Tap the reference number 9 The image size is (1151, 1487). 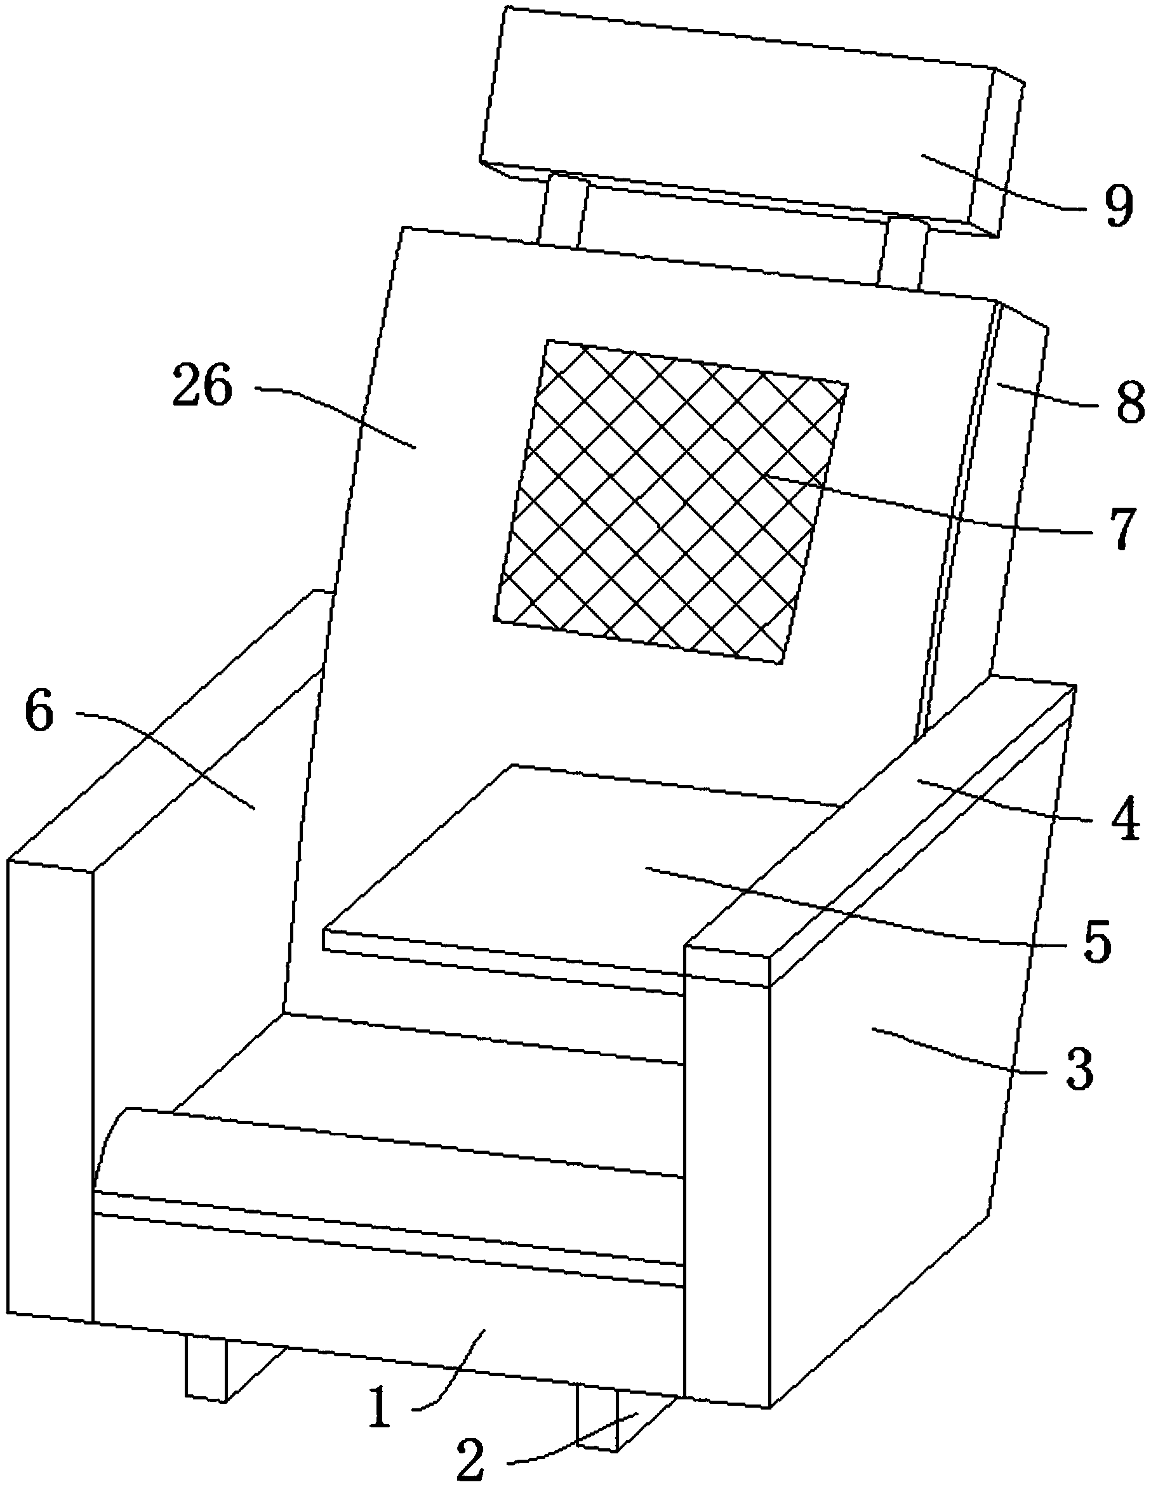tap(1117, 206)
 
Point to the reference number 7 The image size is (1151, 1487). tap(1117, 527)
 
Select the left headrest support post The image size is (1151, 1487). tap(561, 211)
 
